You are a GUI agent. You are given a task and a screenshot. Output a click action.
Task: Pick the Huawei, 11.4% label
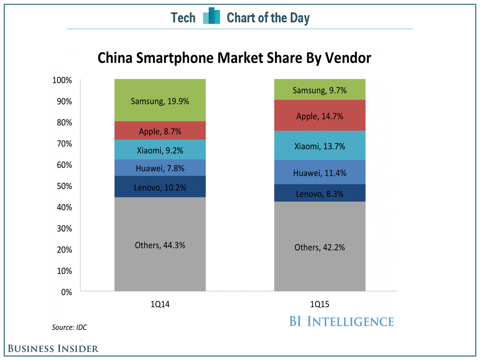[x=320, y=173]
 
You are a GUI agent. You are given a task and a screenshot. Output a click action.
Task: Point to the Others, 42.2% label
[x=320, y=248]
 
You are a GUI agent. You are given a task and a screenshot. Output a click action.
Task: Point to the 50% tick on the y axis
[x=63, y=186]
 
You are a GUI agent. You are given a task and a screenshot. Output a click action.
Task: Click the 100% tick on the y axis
[x=62, y=80]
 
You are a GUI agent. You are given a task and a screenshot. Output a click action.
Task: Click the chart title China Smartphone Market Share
[x=234, y=58]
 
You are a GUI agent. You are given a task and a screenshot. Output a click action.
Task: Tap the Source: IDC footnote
[x=69, y=327]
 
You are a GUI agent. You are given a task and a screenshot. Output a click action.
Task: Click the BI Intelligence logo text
[x=341, y=321]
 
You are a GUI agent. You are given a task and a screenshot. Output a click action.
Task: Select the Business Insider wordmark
[x=53, y=348]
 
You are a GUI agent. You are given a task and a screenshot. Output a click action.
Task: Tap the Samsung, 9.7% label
[x=320, y=91]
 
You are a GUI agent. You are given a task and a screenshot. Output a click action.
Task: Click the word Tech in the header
[x=183, y=18]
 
